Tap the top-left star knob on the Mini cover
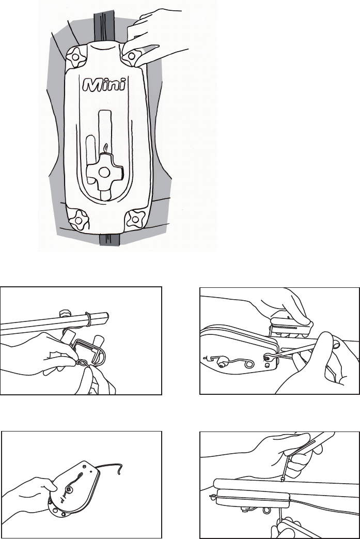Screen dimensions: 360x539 pyautogui.click(x=76, y=57)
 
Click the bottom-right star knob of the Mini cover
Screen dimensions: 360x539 pyautogui.click(x=134, y=219)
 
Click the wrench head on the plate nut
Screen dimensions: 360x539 pyautogui.click(x=268, y=358)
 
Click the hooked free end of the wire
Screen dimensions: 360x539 pyautogui.click(x=119, y=469)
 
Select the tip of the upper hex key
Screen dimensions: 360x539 pyautogui.click(x=281, y=479)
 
